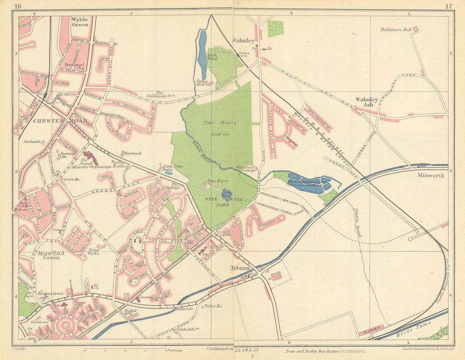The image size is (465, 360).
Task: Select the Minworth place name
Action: pyautogui.click(x=431, y=175)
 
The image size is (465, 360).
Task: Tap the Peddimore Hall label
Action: pyautogui.click(x=396, y=29)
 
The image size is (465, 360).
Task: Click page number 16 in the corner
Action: pyautogui.click(x=18, y=6)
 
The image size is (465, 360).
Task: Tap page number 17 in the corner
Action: pyautogui.click(x=448, y=6)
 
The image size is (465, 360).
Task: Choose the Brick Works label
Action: pyautogui.click(x=93, y=251)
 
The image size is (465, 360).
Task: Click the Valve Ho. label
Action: pyautogui.click(x=213, y=306)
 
